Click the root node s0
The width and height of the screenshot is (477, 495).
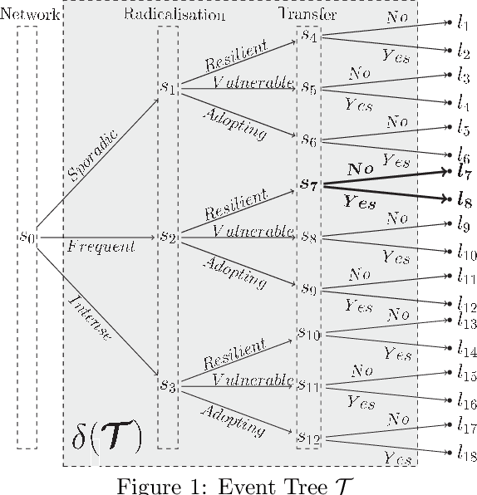(27, 236)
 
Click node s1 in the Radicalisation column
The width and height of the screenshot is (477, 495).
(170, 87)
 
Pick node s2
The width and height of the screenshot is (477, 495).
(170, 237)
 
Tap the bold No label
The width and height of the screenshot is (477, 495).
(361, 169)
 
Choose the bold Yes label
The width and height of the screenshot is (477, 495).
(361, 203)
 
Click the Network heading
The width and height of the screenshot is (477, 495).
(30, 14)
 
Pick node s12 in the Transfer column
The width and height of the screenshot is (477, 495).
(308, 436)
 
